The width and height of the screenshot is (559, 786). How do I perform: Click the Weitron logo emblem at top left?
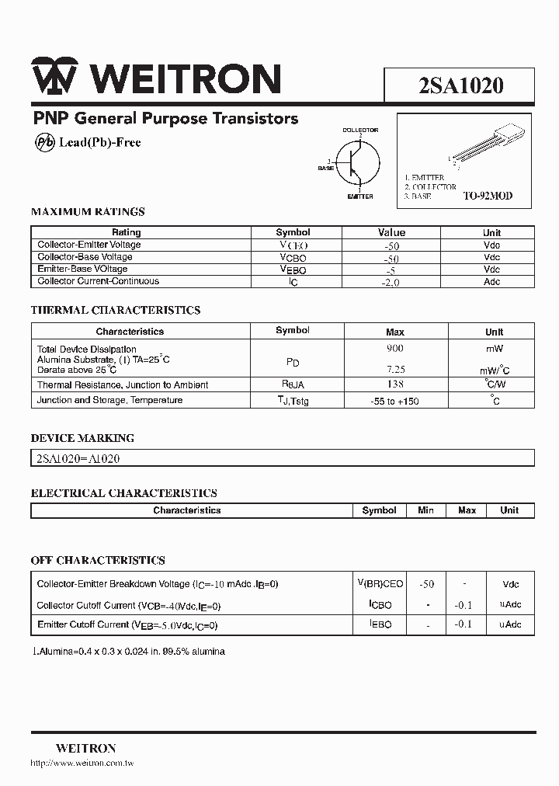click(x=54, y=79)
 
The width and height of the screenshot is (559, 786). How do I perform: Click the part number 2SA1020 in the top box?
click(x=460, y=85)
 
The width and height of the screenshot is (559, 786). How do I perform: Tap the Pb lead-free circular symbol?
click(x=44, y=142)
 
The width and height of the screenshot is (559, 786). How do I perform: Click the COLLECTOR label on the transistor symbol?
click(x=360, y=130)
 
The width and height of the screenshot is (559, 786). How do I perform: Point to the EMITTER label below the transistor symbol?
click(x=360, y=196)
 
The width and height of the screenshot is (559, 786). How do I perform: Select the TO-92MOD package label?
click(x=488, y=196)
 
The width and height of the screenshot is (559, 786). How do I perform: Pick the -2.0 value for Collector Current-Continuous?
click(x=391, y=282)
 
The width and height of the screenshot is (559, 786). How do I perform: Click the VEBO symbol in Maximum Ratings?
click(x=293, y=270)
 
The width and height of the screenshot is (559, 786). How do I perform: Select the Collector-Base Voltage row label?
click(x=85, y=257)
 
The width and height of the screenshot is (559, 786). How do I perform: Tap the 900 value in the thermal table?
click(x=394, y=349)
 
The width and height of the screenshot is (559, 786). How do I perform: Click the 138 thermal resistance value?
click(x=394, y=384)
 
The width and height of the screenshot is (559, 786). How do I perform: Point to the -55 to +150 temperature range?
click(x=394, y=401)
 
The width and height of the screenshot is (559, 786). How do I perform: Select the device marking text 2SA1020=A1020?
click(x=78, y=458)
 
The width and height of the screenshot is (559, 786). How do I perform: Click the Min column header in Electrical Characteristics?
click(x=425, y=510)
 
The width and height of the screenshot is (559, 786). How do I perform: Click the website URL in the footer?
click(x=82, y=764)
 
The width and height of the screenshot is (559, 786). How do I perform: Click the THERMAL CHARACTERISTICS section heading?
click(x=116, y=310)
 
